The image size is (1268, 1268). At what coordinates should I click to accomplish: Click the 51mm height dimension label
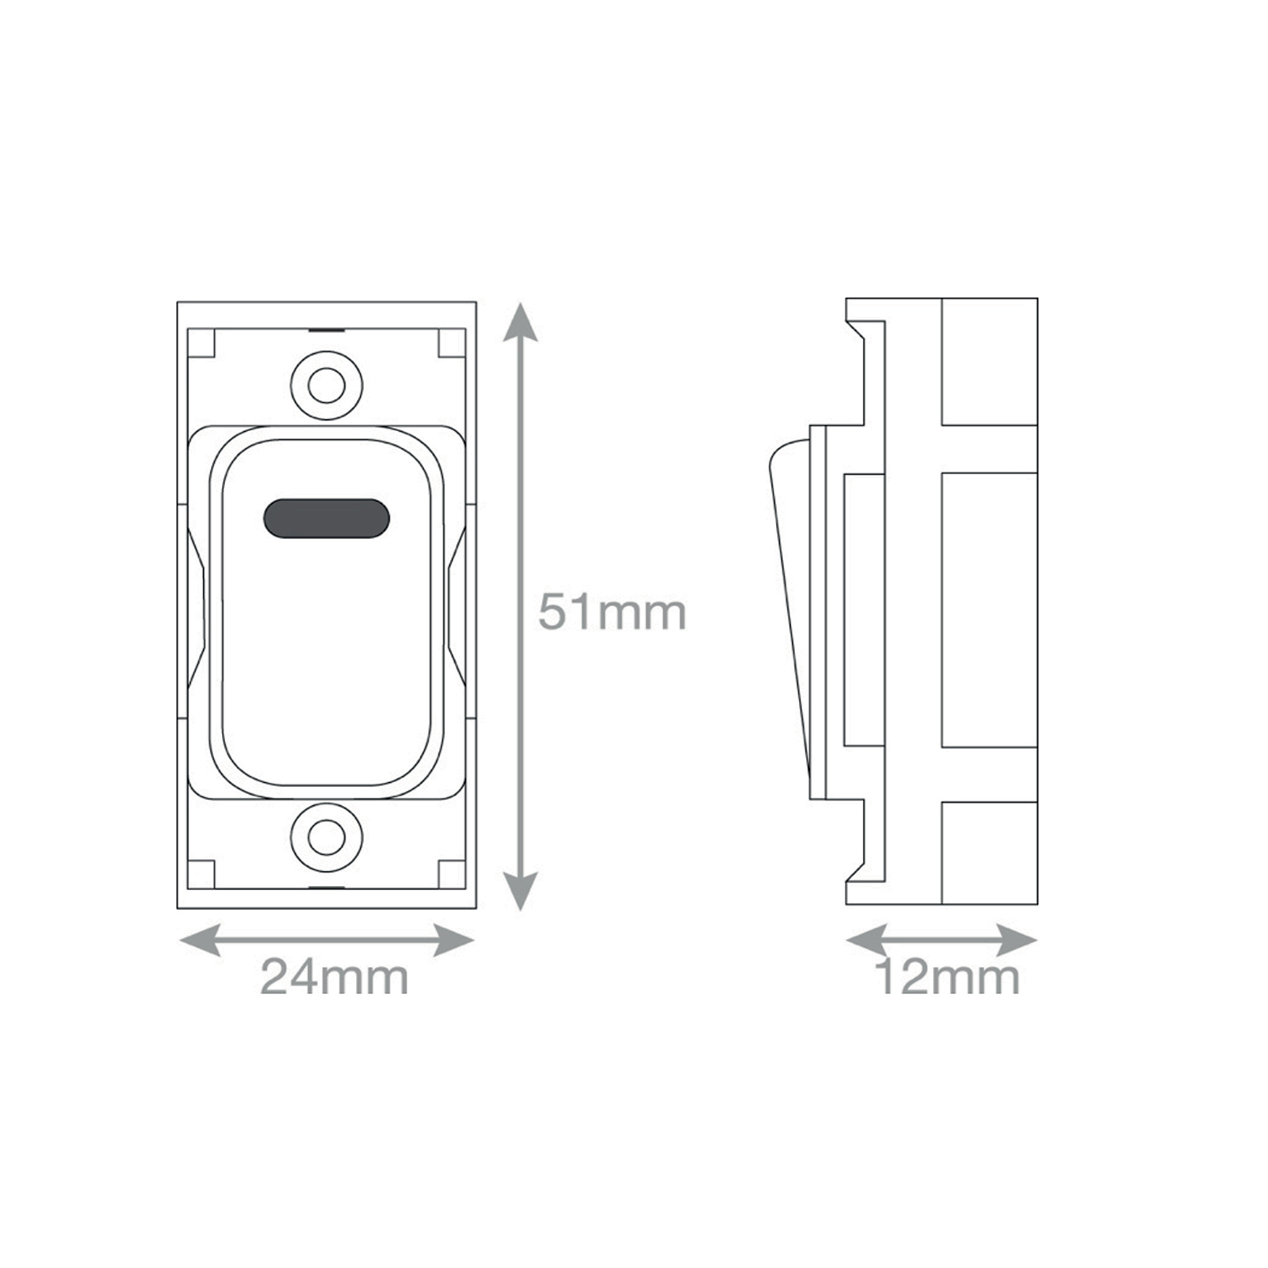(612, 613)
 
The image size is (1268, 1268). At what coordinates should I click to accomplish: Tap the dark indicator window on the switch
(327, 518)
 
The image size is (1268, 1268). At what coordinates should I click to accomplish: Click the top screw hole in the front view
(327, 386)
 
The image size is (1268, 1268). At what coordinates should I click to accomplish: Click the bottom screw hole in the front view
(327, 837)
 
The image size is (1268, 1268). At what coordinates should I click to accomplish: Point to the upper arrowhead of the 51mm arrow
(520, 322)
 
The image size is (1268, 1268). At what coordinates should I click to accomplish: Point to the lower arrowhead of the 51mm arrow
(520, 891)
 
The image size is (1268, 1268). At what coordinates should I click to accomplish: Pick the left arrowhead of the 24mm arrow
(201, 941)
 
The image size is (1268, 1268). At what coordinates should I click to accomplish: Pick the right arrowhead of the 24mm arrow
(454, 941)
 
